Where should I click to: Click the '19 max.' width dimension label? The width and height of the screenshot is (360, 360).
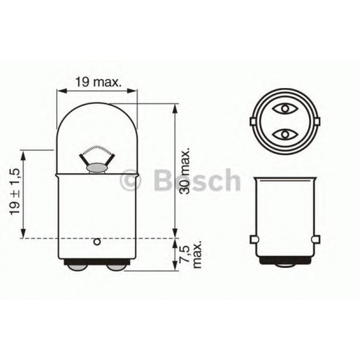pos(97,81)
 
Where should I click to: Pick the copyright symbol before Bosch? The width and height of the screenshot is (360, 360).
pos(131,180)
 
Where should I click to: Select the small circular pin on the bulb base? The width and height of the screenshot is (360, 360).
pos(96,242)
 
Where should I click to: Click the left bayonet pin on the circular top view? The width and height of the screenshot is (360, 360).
pos(253,121)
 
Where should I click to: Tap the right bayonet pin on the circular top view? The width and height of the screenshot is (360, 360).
pos(318,121)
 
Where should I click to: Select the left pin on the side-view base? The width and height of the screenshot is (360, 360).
pos(253,240)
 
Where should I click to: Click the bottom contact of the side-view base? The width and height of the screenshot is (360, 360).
pos(285,263)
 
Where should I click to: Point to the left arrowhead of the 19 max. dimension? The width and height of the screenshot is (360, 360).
pos(61,91)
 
